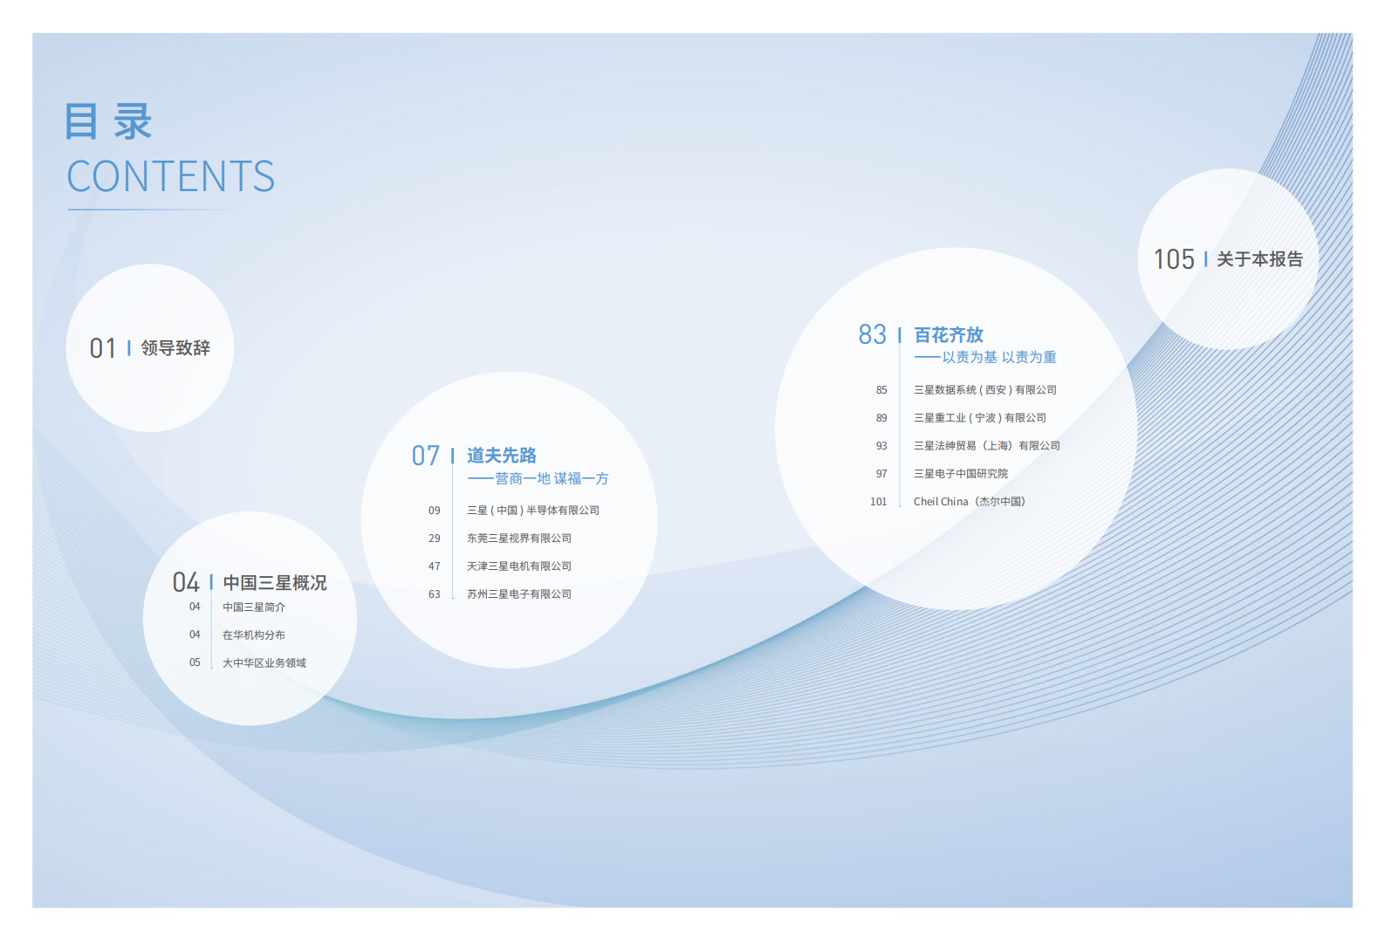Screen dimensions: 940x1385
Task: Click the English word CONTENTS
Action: pos(171,177)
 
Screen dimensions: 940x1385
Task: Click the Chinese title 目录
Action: pos(109,121)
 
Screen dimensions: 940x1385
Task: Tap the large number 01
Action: pos(102,349)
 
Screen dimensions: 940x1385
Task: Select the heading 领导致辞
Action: pos(175,348)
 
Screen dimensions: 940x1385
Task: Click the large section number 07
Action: pos(426,456)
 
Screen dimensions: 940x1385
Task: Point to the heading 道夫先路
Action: pos(501,456)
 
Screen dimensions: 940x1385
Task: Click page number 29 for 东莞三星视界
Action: pos(434,539)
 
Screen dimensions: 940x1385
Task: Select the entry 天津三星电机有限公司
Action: pos(518,566)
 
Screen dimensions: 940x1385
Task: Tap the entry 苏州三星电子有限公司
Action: pos(518,594)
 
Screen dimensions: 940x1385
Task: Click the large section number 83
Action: pos(872,335)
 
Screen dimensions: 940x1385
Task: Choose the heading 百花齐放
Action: pos(948,335)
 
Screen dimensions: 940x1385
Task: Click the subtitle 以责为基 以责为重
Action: pos(998,357)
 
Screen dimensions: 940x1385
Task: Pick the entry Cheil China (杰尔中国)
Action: pos(969,502)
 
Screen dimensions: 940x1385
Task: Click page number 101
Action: pos(878,502)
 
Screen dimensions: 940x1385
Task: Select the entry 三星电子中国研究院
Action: pos(960,474)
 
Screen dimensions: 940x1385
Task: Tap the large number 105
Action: pos(1174,260)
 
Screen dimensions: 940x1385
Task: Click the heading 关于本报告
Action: pos(1259,259)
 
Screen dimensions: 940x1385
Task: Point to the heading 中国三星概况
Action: pos(274,583)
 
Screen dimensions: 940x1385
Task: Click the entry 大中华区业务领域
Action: pos(264,663)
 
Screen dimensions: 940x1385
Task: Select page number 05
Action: pos(195,663)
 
